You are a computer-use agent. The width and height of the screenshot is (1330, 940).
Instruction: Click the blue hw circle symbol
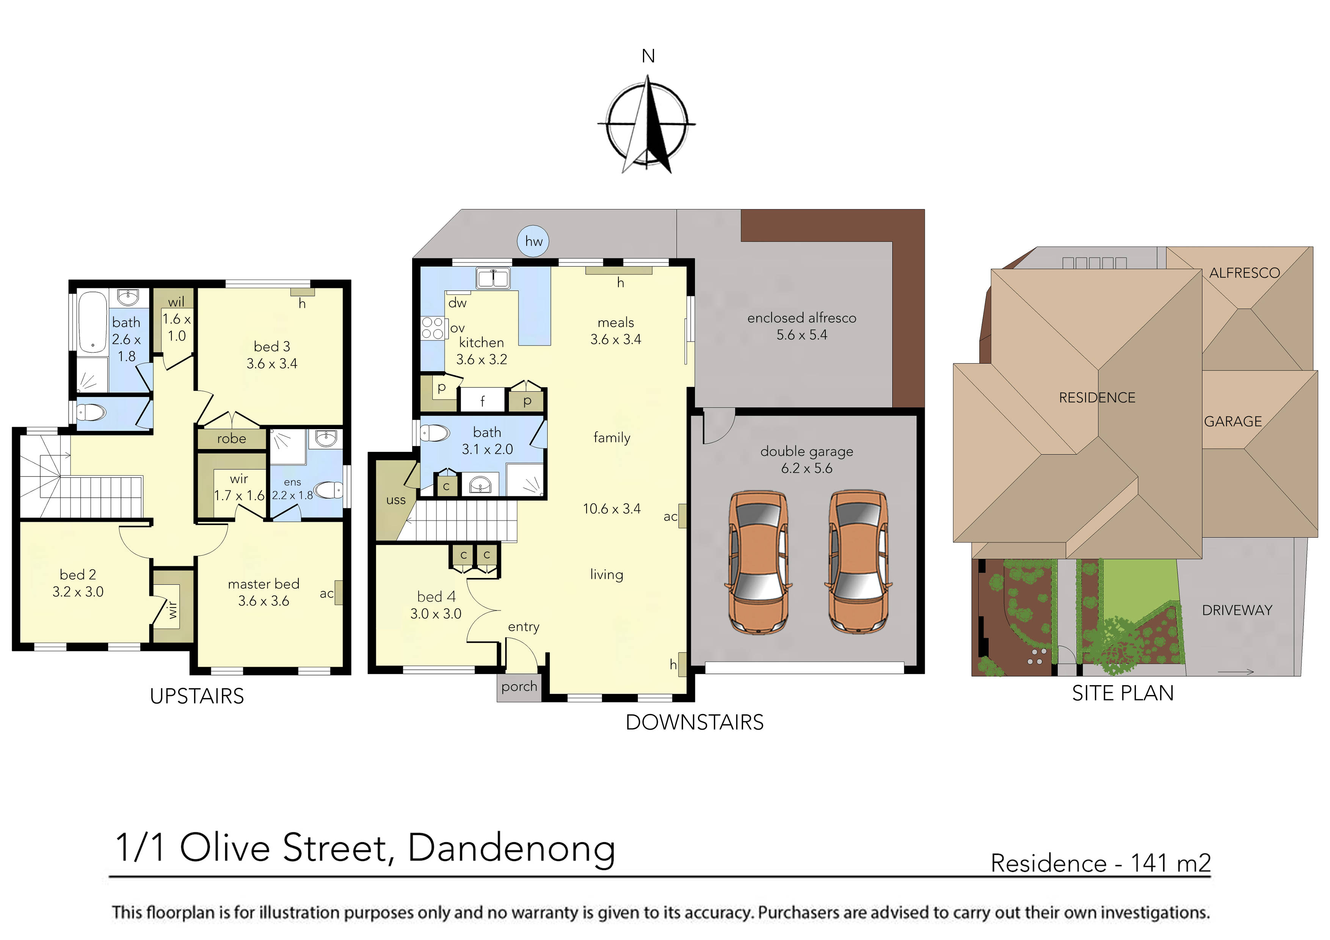point(533,241)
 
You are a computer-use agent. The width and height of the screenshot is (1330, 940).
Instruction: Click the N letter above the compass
point(648,56)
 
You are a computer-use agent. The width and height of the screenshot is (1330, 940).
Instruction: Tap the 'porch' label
point(519,687)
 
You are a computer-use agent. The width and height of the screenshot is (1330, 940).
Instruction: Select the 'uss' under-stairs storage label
point(396,500)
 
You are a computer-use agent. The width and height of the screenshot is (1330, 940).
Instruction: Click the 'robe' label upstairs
point(231,439)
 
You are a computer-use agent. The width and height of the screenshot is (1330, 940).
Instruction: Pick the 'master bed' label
point(263,584)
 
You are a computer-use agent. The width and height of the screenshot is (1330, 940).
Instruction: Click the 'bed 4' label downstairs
point(436,597)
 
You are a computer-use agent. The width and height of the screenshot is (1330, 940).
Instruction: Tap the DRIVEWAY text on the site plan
point(1237,611)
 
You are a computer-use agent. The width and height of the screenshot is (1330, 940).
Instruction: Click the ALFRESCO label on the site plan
point(1244,273)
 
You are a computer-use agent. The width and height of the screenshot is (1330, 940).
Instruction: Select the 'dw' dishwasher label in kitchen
point(457,303)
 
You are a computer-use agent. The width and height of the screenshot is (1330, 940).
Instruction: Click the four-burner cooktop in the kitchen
point(432,328)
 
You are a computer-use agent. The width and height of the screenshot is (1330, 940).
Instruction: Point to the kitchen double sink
point(493,278)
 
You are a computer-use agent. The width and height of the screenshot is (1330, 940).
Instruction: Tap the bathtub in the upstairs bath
point(93,323)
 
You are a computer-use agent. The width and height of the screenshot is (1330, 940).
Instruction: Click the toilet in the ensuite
point(328,490)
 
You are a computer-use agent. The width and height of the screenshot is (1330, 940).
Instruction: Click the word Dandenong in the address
point(511,849)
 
